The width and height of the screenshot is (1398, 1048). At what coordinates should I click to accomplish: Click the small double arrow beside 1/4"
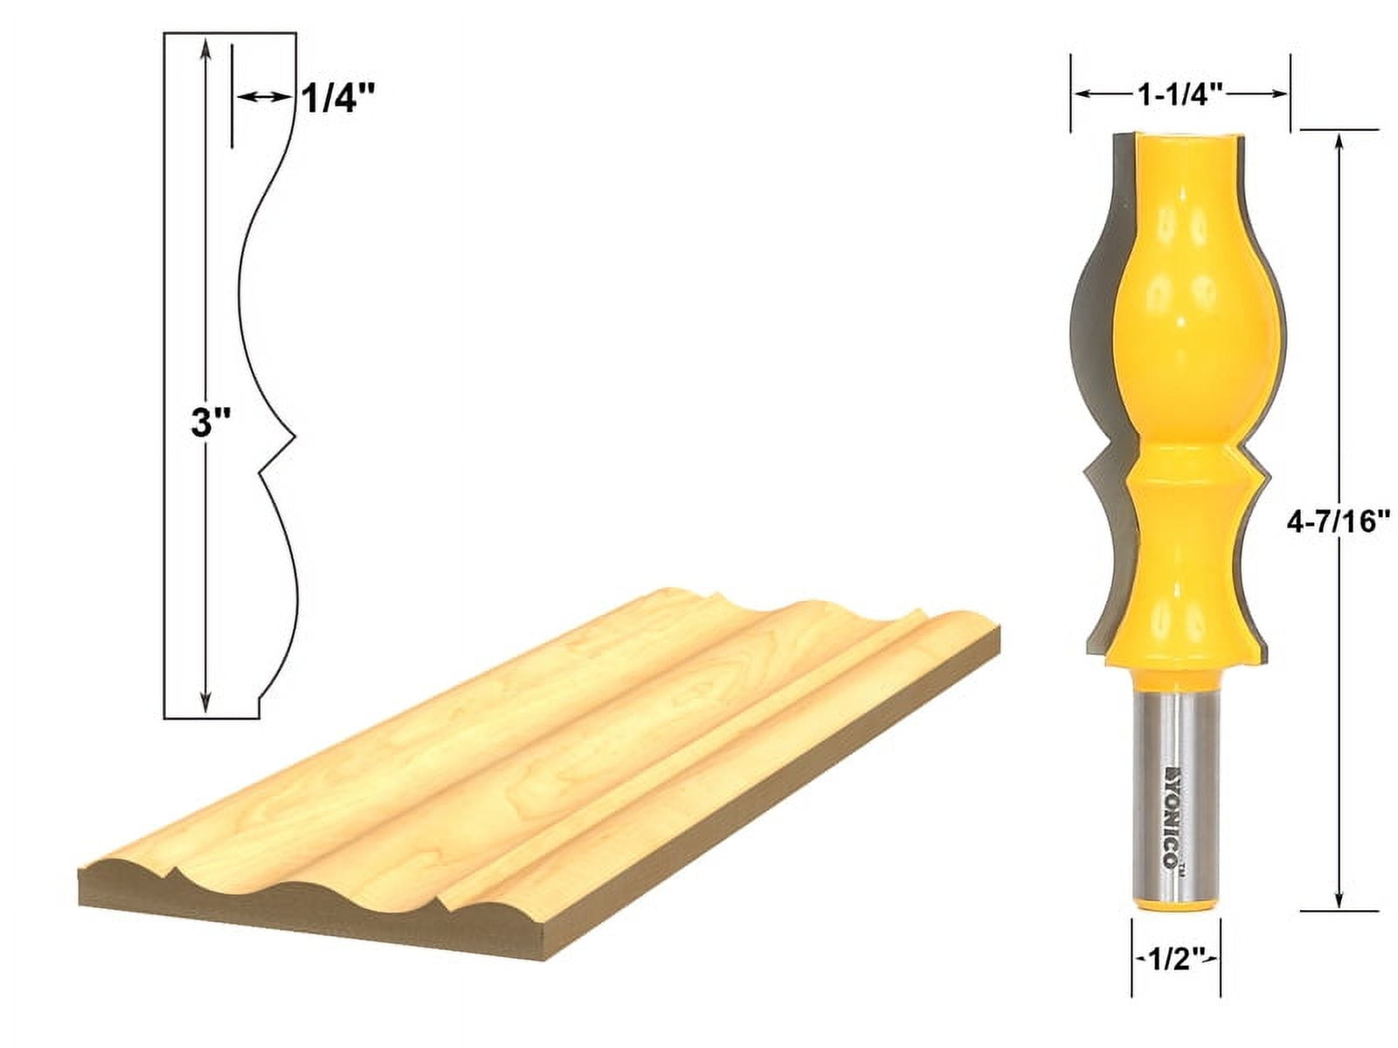pyautogui.click(x=262, y=99)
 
